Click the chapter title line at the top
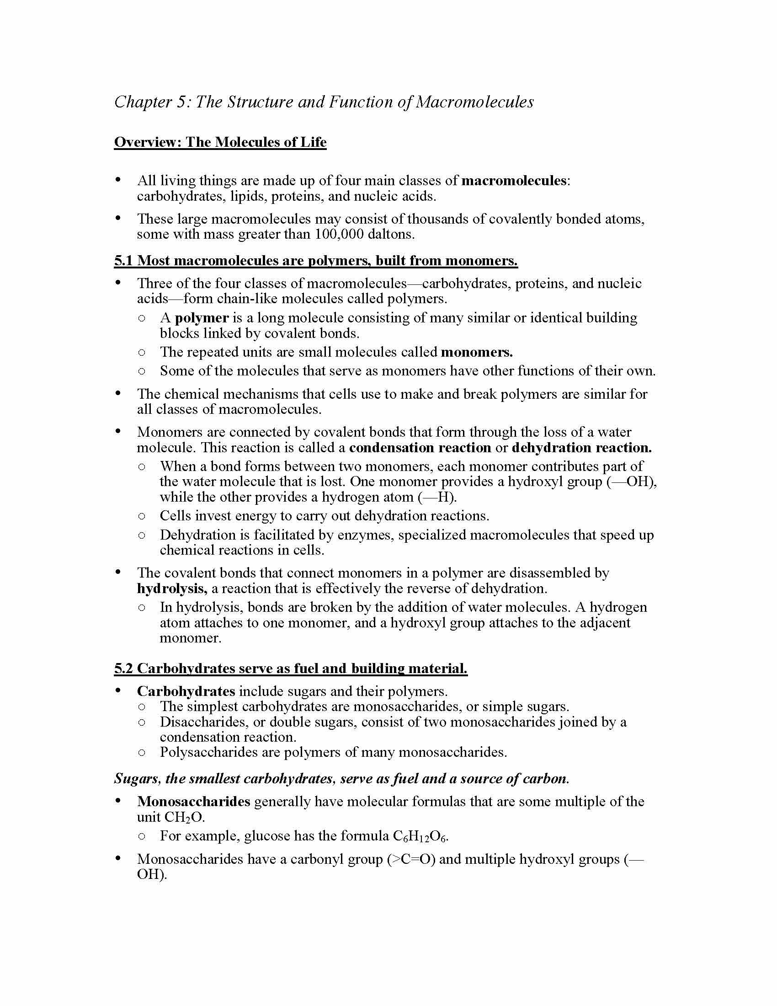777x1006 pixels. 324,102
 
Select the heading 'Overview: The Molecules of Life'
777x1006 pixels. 220,142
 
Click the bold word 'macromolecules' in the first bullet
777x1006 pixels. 514,181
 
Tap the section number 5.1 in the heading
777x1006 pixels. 123,261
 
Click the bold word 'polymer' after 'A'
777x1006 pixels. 202,318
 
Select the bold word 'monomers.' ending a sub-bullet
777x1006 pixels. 476,353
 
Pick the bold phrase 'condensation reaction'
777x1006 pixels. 420,448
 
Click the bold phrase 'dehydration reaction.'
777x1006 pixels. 581,448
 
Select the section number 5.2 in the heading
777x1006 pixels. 123,669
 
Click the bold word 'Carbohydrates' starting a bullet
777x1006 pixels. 186,692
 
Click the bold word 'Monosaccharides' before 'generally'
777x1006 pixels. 193,802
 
